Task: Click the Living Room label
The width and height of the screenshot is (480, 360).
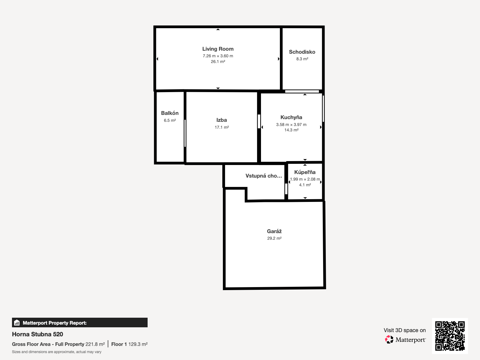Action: tap(218, 49)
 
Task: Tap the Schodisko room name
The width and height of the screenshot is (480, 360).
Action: tap(302, 52)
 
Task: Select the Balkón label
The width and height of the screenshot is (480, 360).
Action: tap(170, 113)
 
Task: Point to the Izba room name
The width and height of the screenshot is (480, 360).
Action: tap(221, 120)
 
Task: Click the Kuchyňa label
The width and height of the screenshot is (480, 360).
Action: tap(291, 117)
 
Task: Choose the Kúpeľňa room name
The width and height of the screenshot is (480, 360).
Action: tap(305, 172)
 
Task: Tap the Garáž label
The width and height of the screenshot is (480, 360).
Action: tap(274, 231)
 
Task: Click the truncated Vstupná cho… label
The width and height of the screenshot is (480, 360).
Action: tap(264, 176)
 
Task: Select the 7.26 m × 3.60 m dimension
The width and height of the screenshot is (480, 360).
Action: tap(218, 56)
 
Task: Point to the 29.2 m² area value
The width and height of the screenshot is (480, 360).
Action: tap(274, 238)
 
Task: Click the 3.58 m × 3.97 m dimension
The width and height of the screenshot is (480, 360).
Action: tap(291, 124)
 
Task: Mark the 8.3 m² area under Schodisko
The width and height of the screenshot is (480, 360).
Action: tap(302, 59)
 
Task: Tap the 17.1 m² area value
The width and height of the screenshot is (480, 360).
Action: tap(221, 127)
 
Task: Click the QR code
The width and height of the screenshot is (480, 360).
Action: tap(450, 336)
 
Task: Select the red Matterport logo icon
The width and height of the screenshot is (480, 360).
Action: tap(389, 340)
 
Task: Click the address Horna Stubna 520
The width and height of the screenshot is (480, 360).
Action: tap(37, 334)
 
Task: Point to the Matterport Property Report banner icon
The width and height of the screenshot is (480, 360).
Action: tap(17, 322)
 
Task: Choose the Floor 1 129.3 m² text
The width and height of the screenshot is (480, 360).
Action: tap(130, 344)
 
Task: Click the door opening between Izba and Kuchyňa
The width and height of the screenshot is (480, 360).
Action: tap(259, 121)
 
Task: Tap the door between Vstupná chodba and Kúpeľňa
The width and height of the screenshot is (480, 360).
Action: tap(286, 189)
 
